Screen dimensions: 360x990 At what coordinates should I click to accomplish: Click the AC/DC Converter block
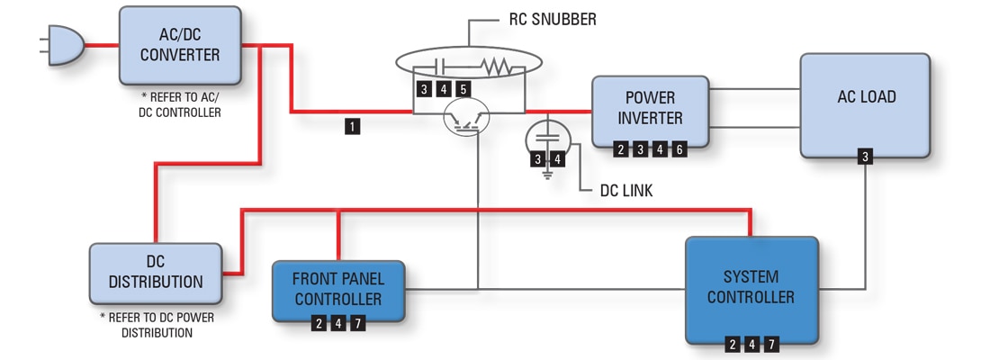click(x=180, y=45)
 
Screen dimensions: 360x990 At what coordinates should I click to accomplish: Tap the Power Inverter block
click(x=650, y=110)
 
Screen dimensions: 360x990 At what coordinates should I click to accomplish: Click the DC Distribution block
click(x=155, y=272)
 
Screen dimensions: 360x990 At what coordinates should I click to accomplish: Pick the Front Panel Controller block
click(x=338, y=290)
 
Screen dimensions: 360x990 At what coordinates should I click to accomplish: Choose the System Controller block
click(x=751, y=288)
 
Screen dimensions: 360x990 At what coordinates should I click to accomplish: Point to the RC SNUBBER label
click(x=546, y=19)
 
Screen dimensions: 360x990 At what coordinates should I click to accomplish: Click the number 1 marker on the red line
click(x=352, y=127)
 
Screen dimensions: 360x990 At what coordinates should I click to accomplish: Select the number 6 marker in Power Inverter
click(x=679, y=150)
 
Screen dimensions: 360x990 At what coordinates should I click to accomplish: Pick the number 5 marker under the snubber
click(x=463, y=88)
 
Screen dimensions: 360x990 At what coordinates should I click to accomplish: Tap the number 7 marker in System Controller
click(x=771, y=343)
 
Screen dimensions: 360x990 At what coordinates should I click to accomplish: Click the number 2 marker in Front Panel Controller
click(x=319, y=323)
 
